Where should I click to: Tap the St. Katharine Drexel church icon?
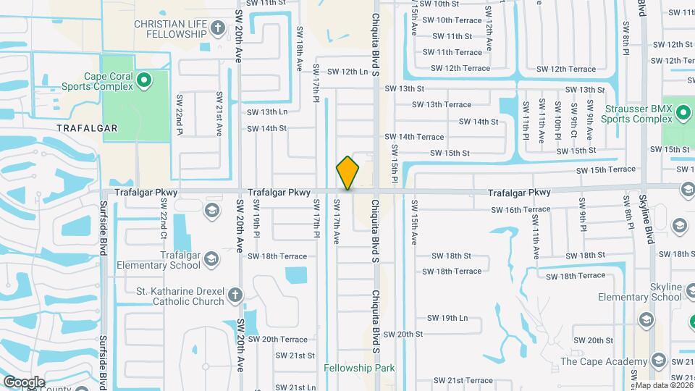(x=235, y=295)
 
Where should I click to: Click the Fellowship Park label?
(x=359, y=368)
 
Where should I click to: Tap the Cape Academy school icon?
(x=658, y=361)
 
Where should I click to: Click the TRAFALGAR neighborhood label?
(x=87, y=127)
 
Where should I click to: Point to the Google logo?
(x=23, y=382)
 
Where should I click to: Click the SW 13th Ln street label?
(x=267, y=112)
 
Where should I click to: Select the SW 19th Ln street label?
(x=447, y=318)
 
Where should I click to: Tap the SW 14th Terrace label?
(x=414, y=136)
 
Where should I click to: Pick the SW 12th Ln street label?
(x=347, y=72)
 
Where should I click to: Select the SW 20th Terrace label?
(x=278, y=339)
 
